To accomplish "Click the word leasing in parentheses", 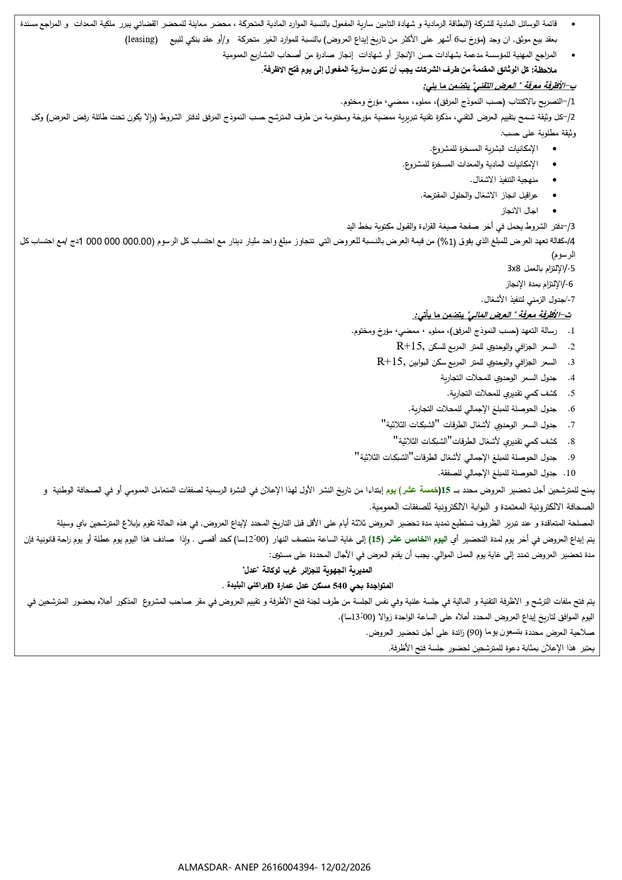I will tap(141, 40).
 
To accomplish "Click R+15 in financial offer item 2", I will tap(410, 346).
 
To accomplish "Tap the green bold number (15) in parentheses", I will tap(375, 540).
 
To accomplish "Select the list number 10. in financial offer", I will tap(569, 473).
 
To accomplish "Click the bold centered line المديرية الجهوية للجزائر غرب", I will tap(307, 570).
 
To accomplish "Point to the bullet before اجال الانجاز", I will tap(554, 210).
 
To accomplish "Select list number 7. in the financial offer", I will tap(571, 425).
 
